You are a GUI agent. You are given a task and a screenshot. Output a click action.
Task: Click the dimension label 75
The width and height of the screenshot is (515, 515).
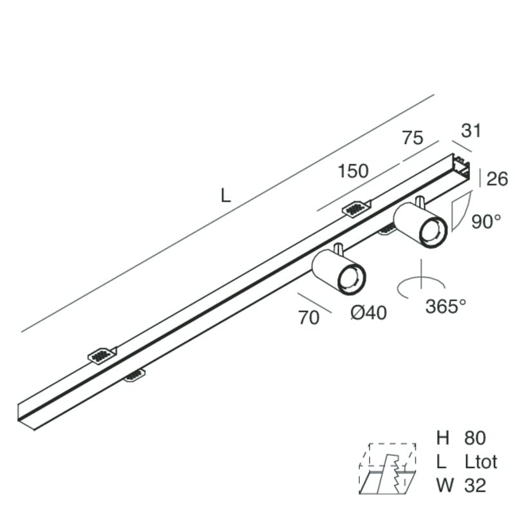coord(413,138)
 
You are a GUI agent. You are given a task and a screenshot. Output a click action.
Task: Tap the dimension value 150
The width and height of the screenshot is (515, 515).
coord(353,171)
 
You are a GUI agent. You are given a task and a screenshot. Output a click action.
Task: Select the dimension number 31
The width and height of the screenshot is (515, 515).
coord(471,131)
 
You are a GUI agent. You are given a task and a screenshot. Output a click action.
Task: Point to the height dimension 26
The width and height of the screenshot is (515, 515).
coord(497,179)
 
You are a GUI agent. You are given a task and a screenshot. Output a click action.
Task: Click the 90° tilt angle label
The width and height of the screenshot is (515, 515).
coord(486,221)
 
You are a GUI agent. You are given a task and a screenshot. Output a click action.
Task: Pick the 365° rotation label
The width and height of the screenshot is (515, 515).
coord(445,306)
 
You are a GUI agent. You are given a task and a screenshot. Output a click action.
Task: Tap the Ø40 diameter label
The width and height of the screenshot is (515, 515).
coord(368,312)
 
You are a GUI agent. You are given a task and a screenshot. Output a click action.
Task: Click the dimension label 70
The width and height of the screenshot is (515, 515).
coord(309,317)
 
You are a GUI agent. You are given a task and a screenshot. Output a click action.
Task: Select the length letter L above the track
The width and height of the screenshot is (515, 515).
coord(226,196)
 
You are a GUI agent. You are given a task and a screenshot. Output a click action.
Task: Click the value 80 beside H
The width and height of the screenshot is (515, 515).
coord(475,438)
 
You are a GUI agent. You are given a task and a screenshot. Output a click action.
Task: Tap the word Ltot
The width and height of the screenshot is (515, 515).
coord(481,462)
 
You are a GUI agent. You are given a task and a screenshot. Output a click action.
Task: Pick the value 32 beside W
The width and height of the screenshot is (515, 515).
coord(475,485)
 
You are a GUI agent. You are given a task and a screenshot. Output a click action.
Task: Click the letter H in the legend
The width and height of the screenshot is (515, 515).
coord(442,438)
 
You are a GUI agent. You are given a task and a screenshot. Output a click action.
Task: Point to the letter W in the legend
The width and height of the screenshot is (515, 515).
coord(445,485)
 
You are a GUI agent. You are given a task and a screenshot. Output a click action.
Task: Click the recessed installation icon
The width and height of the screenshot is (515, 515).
coord(388,469)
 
